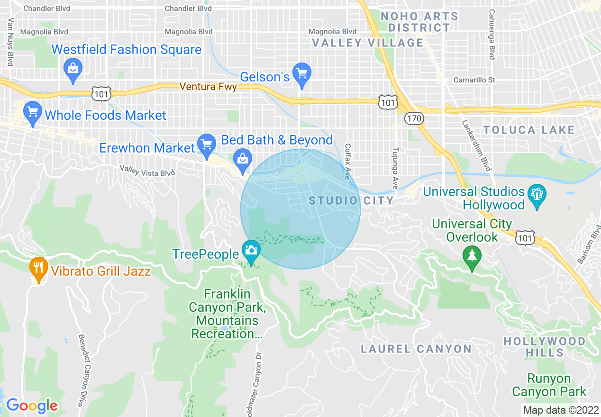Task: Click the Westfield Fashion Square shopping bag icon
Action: pyautogui.click(x=73, y=68)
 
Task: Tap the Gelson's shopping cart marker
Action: pyautogui.click(x=301, y=73)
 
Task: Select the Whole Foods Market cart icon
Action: pyautogui.click(x=32, y=112)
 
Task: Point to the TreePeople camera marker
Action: pyautogui.click(x=250, y=250)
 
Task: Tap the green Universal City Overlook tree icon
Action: pyautogui.click(x=472, y=256)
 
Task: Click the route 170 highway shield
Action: pyautogui.click(x=414, y=118)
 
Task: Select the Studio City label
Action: pyautogui.click(x=351, y=201)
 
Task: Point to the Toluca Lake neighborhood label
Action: pyautogui.click(x=528, y=130)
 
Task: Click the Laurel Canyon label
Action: pyautogui.click(x=416, y=349)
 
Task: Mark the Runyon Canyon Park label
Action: pyautogui.click(x=549, y=385)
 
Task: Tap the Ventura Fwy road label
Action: pyautogui.click(x=208, y=87)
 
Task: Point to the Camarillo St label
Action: pyautogui.click(x=474, y=80)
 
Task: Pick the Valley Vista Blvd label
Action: pyautogui.click(x=147, y=171)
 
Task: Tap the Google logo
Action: pyautogui.click(x=32, y=406)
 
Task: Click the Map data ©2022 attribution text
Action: pyautogui.click(x=560, y=410)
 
